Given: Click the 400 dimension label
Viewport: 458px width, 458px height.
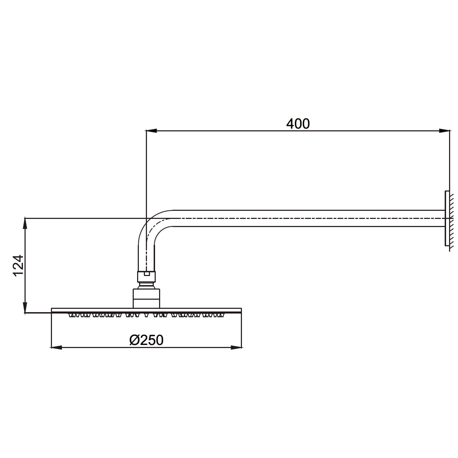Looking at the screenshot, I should [298, 124].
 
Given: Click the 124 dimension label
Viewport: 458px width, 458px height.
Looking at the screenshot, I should [19, 265].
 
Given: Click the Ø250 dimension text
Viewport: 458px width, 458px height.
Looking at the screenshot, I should [146, 340].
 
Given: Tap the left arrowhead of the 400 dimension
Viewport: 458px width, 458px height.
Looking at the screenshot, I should [151, 131].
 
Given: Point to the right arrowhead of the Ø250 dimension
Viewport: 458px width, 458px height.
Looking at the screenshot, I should [236, 347].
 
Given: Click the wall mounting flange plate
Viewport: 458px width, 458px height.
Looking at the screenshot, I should [447, 218].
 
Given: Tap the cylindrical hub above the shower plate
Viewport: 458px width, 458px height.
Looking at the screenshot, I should [147, 298].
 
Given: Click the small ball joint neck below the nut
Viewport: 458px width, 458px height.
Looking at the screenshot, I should [147, 286].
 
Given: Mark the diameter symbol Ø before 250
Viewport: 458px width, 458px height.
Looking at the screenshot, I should [134, 340].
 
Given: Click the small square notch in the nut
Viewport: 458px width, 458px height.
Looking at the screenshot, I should [147, 274].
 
